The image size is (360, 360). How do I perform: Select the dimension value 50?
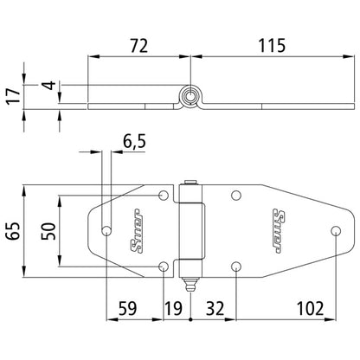pos(49,231)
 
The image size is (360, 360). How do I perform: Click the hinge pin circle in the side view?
pos(190,96)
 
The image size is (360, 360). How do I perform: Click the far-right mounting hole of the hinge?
pos(336,230)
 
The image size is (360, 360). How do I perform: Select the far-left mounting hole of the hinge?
pos(107,230)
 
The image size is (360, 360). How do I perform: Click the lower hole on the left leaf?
pos(164,265)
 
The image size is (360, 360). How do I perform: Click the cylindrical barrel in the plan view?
pos(191,230)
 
